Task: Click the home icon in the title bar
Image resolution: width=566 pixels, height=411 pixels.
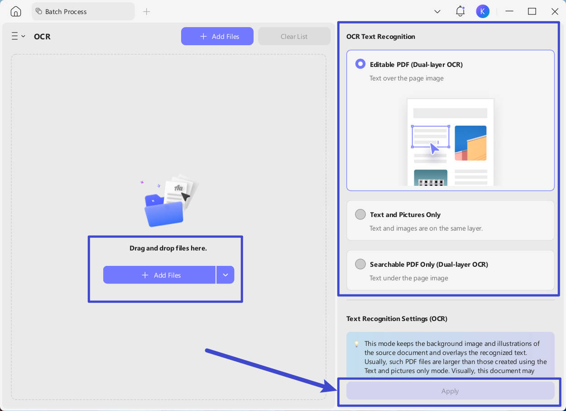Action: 16,11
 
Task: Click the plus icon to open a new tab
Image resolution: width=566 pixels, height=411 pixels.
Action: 146,12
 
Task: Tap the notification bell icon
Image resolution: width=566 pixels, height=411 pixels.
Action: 460,11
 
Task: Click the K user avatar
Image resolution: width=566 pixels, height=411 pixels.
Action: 482,11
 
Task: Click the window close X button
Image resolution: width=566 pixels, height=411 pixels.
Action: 555,11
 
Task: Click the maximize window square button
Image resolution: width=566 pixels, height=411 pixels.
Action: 532,11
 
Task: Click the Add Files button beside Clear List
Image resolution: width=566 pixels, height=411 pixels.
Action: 217,36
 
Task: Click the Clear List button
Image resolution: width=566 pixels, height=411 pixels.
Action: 294,36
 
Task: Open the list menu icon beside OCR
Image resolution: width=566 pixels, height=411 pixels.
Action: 18,36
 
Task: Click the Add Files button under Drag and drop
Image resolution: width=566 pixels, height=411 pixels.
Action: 159,275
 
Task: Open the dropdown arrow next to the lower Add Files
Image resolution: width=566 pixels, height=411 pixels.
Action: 225,275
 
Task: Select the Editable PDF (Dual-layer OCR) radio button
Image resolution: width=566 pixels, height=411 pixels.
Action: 360,64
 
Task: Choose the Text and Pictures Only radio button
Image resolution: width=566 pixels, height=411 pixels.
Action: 360,214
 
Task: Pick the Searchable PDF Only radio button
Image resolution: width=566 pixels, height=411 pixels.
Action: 360,264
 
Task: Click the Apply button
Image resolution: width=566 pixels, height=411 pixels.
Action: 450,391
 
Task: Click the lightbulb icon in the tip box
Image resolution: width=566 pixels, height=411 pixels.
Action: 356,344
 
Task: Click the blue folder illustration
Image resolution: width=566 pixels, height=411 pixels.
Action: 163,211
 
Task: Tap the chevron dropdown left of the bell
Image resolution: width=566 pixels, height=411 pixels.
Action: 437,12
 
